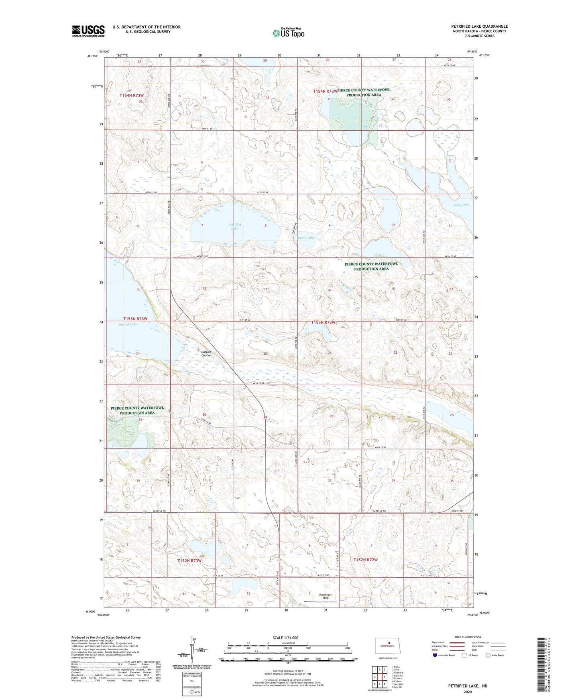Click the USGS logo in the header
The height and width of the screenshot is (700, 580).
coord(88,31)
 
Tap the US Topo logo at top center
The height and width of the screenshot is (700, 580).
coord(288,33)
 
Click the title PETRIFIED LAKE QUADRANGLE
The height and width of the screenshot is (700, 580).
coord(479,26)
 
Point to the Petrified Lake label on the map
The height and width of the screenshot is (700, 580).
coord(234,226)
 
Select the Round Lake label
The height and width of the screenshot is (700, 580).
coord(306,238)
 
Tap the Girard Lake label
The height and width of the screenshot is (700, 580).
coord(128,324)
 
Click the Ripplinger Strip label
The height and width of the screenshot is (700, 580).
coord(325,596)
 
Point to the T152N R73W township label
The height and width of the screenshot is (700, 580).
coord(189,560)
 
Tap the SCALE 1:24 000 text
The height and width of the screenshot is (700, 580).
coord(285,637)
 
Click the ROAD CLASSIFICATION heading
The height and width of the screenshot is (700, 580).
coord(468,637)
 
